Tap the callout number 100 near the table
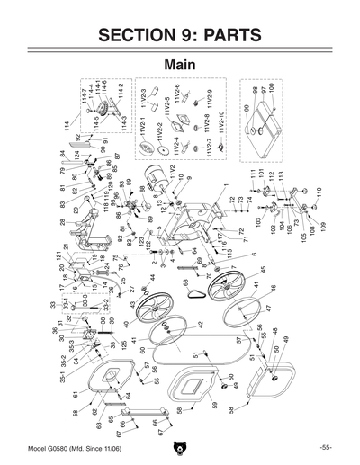pyautogui.click(x=270, y=91)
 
